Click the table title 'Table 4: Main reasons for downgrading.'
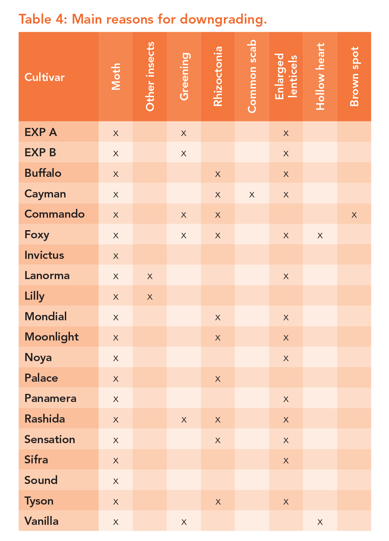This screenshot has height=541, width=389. [142, 19]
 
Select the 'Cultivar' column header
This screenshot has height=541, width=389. [45, 77]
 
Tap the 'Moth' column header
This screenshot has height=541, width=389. [116, 77]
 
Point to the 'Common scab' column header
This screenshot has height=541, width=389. [252, 77]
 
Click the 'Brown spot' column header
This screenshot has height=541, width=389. [354, 77]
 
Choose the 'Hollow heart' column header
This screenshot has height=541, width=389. [320, 77]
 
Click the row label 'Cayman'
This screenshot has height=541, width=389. [45, 194]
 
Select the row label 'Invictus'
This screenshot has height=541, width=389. [44, 255]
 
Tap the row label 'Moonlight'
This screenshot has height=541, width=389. [52, 337]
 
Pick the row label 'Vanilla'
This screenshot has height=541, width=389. [42, 521]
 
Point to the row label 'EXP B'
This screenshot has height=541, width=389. [40, 153]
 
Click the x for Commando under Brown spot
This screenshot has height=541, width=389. [354, 215]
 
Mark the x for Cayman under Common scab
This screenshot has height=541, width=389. [252, 194]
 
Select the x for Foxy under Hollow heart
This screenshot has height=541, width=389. [320, 235]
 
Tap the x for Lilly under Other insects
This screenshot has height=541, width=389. [150, 297]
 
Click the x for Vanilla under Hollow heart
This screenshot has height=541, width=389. [320, 522]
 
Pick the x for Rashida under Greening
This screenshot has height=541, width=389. [184, 420]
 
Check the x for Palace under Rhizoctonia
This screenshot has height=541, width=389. [218, 379]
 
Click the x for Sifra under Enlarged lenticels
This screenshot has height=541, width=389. [286, 460]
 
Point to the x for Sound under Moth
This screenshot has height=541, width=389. [116, 481]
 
